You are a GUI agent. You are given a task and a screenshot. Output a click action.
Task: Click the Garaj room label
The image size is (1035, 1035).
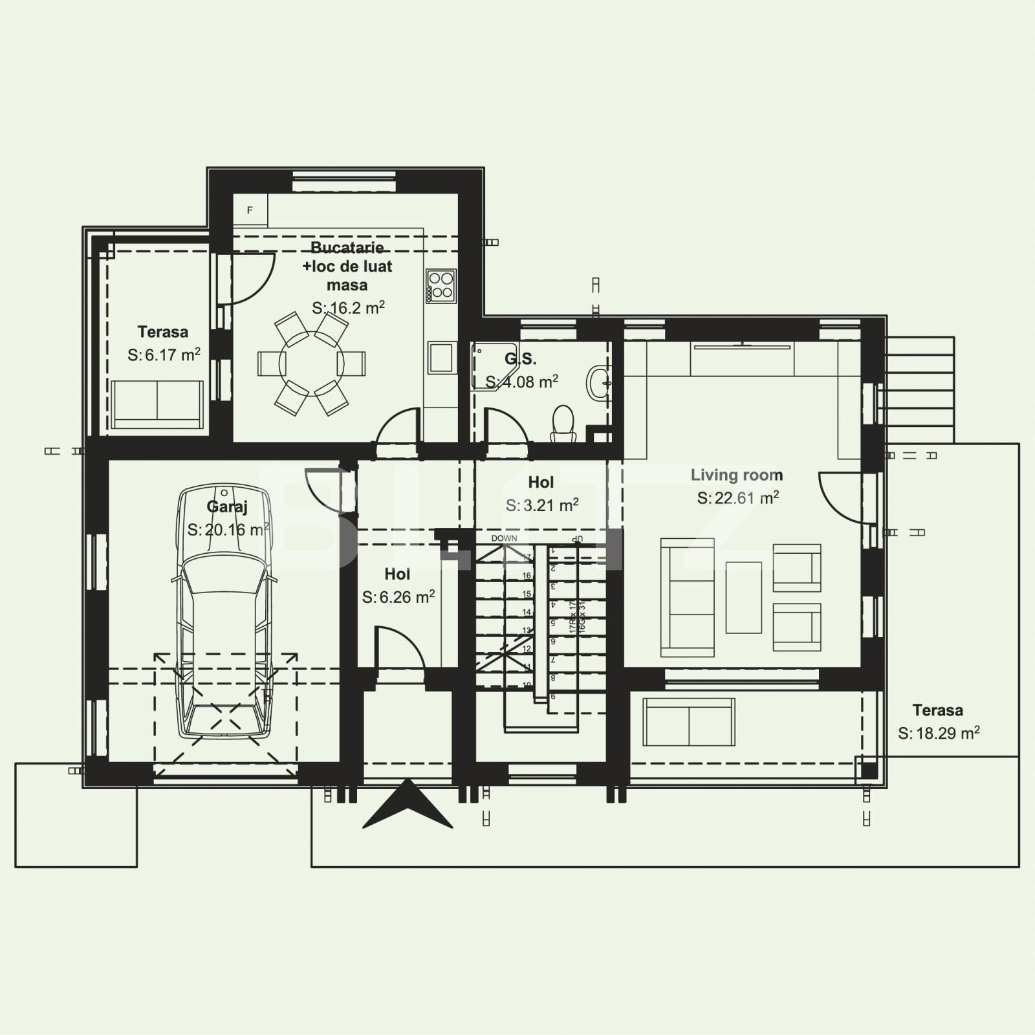[227, 507]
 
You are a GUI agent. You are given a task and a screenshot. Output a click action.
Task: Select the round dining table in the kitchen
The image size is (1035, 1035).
[311, 363]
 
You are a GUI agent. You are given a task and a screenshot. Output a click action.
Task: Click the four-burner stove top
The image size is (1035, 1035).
[441, 286]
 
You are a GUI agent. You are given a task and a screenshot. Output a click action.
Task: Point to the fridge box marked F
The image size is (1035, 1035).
[250, 210]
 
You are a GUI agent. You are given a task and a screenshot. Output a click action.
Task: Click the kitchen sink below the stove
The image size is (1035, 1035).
[441, 358]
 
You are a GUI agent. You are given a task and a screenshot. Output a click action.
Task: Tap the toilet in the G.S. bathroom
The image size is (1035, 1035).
[563, 424]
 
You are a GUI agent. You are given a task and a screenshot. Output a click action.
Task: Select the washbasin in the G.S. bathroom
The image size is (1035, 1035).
[599, 382]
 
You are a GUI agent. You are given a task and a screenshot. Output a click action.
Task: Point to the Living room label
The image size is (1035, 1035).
[737, 475]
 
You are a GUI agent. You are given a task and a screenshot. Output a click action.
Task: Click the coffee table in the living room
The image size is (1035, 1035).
[743, 597]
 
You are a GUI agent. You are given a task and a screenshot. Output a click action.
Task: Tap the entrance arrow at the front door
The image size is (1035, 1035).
[408, 805]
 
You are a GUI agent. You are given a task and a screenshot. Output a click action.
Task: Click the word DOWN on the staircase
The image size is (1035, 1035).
[504, 538]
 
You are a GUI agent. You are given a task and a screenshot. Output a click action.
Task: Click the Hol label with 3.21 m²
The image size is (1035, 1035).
[541, 483]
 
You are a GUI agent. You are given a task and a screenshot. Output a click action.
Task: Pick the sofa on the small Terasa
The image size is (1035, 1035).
[157, 404]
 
